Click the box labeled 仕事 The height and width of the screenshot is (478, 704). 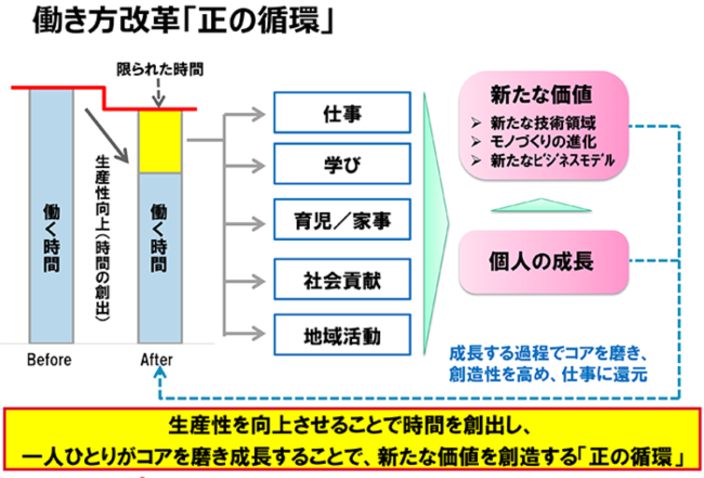point(342,113)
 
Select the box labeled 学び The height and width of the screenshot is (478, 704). point(342,164)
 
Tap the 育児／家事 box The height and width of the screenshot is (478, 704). point(342,220)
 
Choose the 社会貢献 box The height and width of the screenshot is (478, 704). point(342,280)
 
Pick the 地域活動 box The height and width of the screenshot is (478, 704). point(342,335)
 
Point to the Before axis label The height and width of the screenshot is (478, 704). point(49,360)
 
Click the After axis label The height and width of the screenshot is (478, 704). point(156,360)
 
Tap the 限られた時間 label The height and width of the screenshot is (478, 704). point(160,69)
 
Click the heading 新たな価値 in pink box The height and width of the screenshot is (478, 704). point(541,94)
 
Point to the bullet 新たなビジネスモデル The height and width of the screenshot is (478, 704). point(552,161)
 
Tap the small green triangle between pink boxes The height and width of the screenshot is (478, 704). point(541,205)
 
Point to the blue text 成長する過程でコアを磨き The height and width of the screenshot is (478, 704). point(547,354)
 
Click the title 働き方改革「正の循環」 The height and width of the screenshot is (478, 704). point(184,21)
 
